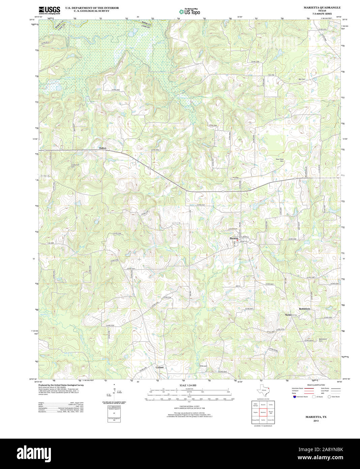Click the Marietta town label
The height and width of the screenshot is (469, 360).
(234, 239)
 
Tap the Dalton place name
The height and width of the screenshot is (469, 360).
(102, 148)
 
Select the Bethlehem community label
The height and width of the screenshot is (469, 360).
(304, 309)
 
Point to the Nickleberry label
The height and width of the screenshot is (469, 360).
(291, 315)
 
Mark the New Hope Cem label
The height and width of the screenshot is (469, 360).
(280, 160)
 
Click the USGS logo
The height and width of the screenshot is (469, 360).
(49, 10)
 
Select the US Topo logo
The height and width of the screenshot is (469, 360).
(189, 11)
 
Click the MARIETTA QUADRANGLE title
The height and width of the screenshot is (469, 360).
(322, 7)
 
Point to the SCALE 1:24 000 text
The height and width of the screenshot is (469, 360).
(188, 385)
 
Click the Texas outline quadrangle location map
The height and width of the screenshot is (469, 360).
(263, 391)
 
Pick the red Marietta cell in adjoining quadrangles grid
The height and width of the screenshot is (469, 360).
(263, 412)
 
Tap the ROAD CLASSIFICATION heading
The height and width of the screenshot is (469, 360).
(316, 385)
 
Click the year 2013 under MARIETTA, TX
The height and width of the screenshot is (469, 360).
(316, 421)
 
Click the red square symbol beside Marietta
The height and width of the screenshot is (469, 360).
(237, 240)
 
